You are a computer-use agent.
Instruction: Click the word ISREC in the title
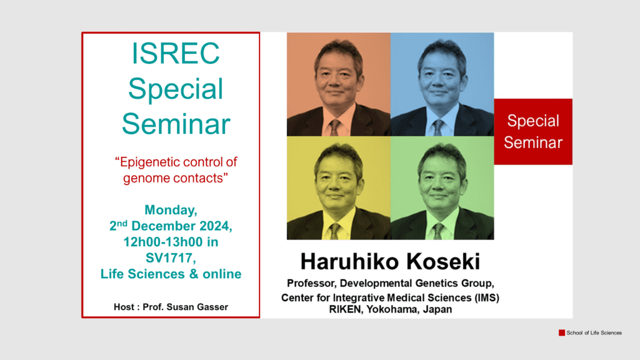[x=176, y=54]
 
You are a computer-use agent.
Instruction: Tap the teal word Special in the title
[x=176, y=89]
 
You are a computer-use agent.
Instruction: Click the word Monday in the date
[x=171, y=210]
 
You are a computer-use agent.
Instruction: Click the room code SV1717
[x=171, y=258]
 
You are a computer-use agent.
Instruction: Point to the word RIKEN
[x=345, y=309]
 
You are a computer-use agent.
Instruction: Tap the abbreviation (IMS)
[x=486, y=297]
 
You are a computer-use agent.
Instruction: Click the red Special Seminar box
[x=533, y=131]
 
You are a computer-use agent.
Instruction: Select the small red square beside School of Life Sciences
[x=562, y=332]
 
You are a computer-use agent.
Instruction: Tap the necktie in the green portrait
[x=438, y=231]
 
